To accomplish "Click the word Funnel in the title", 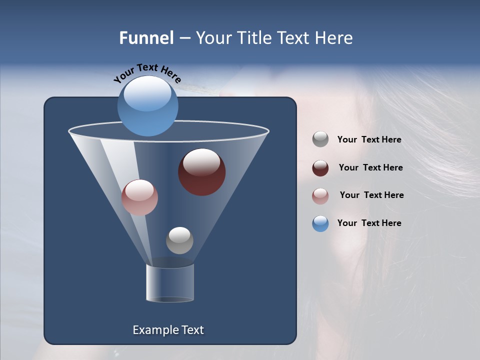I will [x=146, y=38].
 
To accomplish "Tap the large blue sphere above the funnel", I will [x=147, y=106].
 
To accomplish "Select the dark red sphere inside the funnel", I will [x=201, y=172].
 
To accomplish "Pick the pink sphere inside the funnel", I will [x=139, y=197].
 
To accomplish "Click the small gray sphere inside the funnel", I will [x=179, y=240].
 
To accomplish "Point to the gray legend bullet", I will [x=320, y=139].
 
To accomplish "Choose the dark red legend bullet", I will [x=320, y=168].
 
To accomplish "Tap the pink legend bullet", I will [x=320, y=195].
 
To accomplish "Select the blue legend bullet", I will [x=320, y=223].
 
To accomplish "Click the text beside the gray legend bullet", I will [x=369, y=140].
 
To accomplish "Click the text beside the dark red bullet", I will [x=370, y=168].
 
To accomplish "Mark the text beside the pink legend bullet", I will [x=371, y=195].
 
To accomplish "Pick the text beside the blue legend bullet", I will [x=369, y=223].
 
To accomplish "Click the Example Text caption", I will [x=168, y=330].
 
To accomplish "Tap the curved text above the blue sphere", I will [x=147, y=72].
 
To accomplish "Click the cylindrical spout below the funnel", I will [x=170, y=282].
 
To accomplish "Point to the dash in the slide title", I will [x=184, y=38].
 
